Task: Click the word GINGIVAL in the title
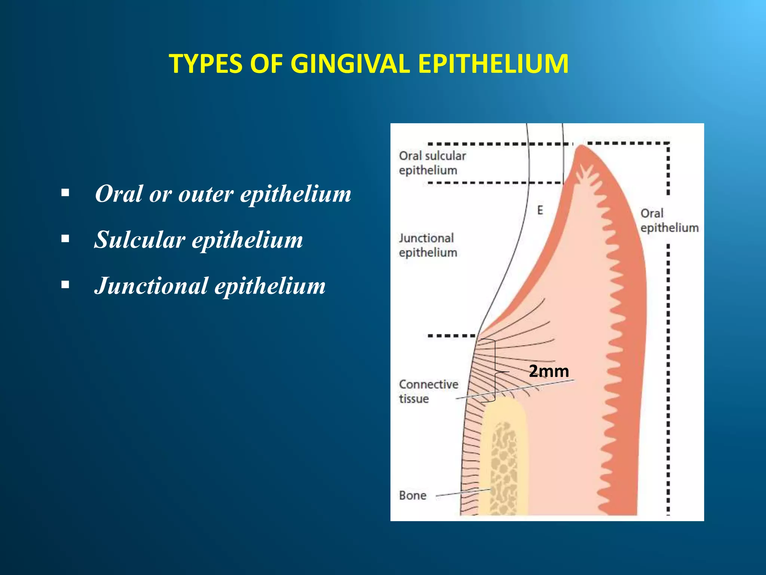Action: [x=350, y=64]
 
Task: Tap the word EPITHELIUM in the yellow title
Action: [x=493, y=64]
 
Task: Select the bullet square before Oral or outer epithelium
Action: [x=65, y=193]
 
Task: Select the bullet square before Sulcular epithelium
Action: [x=65, y=238]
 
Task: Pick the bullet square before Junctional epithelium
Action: [x=65, y=285]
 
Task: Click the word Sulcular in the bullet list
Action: [x=140, y=240]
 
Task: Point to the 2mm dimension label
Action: [x=549, y=371]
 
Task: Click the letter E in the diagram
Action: [x=540, y=210]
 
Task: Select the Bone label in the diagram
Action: [x=413, y=496]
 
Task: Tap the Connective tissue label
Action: [x=428, y=391]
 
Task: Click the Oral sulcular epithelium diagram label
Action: [x=432, y=163]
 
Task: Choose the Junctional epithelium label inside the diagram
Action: [x=428, y=245]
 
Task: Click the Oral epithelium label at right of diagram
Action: [x=669, y=220]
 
